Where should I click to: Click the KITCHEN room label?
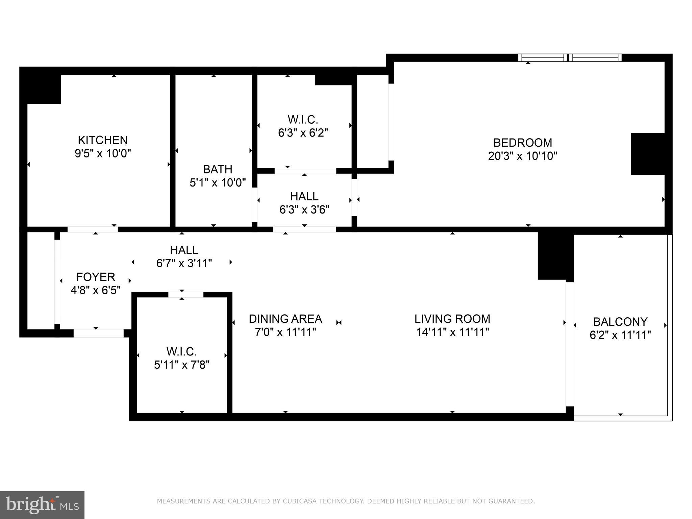(103, 140)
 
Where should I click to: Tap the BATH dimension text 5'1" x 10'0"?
(218, 183)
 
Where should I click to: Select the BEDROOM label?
(522, 143)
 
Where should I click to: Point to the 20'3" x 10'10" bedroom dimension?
(522, 156)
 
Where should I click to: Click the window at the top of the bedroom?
(570, 58)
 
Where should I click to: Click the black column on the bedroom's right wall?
(647, 154)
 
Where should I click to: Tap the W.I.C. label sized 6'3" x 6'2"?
(303, 120)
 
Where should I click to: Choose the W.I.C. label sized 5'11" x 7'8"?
(182, 351)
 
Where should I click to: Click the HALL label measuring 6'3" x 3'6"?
(304, 196)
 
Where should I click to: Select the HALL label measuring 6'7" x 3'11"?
(184, 250)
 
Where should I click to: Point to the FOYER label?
(96, 277)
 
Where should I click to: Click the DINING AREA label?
(285, 319)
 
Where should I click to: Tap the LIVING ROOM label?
(452, 319)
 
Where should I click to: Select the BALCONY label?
(620, 321)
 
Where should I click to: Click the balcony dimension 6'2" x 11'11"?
(620, 335)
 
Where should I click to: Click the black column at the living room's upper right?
(555, 256)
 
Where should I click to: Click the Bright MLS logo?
(42, 505)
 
